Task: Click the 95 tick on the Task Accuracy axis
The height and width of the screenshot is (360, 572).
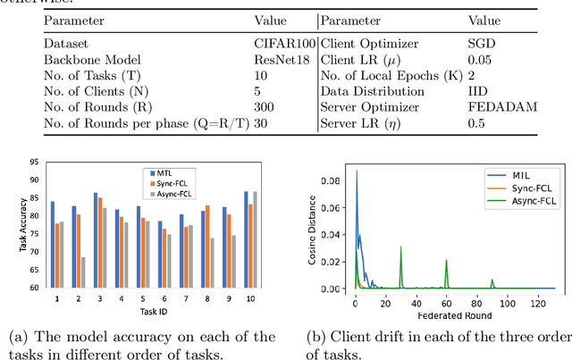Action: point(33,163)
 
